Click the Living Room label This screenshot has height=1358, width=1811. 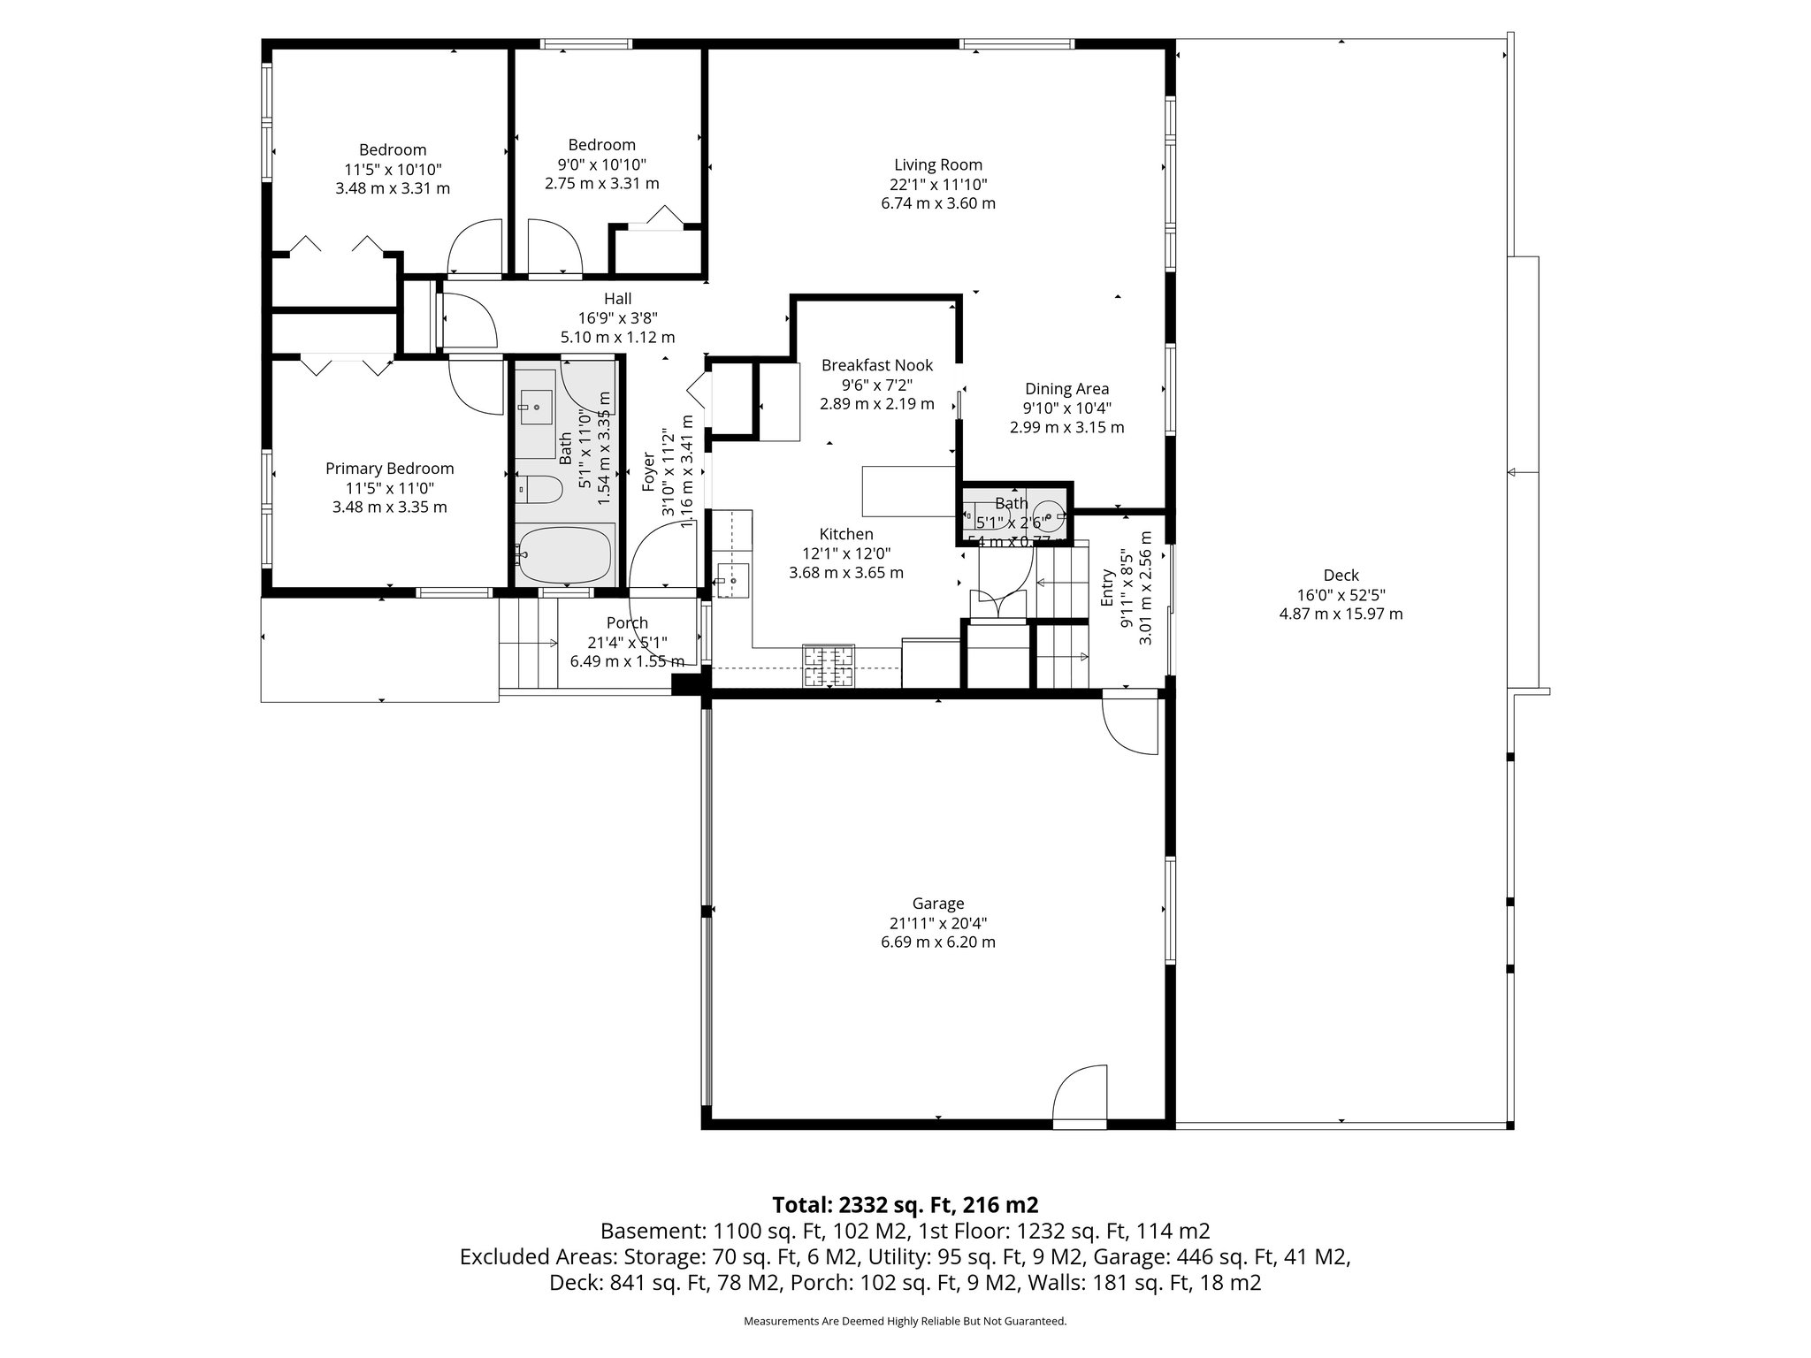point(937,164)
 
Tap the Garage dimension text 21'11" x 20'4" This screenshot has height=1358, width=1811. point(937,923)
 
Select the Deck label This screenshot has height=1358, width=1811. point(1341,576)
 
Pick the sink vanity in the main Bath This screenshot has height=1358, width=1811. point(537,408)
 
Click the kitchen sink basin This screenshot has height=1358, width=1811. point(732,581)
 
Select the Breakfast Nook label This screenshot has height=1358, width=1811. point(876,365)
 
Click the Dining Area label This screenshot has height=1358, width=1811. point(1066,389)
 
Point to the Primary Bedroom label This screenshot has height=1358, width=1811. point(389,469)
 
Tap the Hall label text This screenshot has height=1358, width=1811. point(617,299)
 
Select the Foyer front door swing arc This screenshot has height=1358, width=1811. point(659,553)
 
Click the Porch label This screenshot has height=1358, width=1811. point(627,623)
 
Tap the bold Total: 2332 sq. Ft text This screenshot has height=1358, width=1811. point(905,1205)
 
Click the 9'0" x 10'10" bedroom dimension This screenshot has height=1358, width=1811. point(601,164)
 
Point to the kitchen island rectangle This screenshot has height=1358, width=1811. point(907,492)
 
